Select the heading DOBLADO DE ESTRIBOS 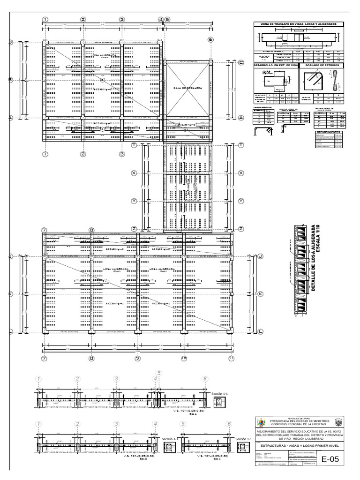point(322,65)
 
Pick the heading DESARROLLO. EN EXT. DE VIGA point(276,65)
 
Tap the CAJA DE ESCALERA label point(186,88)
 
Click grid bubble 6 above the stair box point(210,40)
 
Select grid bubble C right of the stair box point(241,62)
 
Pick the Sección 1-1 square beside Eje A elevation point(219,402)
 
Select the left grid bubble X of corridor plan point(134,172)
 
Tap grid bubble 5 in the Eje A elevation point(159,373)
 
